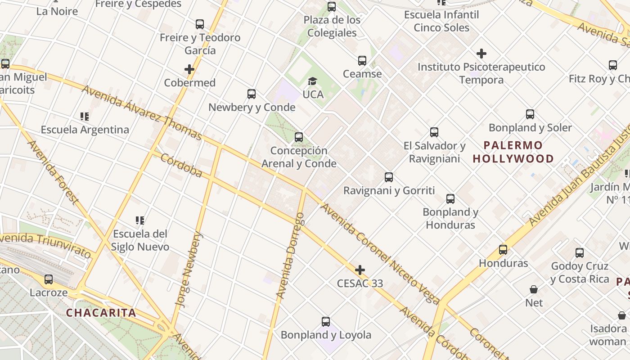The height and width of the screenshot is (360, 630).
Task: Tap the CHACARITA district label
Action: tap(101, 313)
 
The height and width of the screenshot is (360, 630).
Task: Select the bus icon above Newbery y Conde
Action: tap(252, 94)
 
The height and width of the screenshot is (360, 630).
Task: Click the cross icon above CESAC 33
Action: tap(360, 270)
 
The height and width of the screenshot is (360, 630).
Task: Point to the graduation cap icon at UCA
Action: tap(312, 81)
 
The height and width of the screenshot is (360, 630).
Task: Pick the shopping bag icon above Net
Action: tap(534, 289)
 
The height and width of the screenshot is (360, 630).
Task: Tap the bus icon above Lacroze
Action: tap(49, 279)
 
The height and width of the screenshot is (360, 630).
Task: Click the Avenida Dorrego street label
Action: tap(291, 256)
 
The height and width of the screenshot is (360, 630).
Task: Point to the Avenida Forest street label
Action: tap(53, 172)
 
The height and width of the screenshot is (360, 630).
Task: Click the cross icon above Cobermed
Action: tap(189, 69)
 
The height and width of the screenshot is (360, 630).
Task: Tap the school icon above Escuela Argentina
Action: tap(85, 117)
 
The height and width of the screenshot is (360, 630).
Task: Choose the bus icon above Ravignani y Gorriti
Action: tap(389, 177)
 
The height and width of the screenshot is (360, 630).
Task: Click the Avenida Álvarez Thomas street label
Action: tap(142, 112)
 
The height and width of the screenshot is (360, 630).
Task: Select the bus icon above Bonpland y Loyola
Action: tap(326, 322)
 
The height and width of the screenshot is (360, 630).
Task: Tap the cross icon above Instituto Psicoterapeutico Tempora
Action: tap(481, 54)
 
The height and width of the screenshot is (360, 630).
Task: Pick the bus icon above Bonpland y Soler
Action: tap(530, 114)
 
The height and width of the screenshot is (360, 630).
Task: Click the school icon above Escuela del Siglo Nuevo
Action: tap(140, 220)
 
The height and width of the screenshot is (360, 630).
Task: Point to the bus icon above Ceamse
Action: tap(362, 61)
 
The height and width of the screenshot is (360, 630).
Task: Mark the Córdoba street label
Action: tap(181, 166)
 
